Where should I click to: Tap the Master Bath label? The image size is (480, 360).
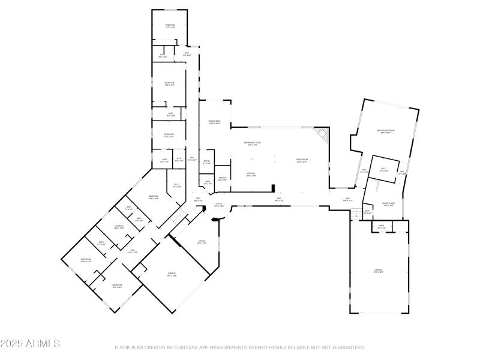pos(388,203)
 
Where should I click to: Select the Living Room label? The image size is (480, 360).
pos(301,160)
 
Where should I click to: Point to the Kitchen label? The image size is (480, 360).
pos(251,174)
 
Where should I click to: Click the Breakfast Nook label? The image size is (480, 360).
pos(251,142)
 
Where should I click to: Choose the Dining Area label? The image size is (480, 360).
pos(214,122)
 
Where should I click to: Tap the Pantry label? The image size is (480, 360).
pos(222,178)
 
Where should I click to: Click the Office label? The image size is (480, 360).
pos(202,242)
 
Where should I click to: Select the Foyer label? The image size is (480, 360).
pos(220,204)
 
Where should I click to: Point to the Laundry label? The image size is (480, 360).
pos(119,226)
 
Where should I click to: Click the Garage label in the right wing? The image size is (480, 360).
pos(379,271)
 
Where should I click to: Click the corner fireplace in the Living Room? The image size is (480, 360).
pos(323,136)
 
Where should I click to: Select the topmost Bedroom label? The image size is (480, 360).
pos(170,25)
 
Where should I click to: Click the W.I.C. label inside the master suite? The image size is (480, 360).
pos(384,169)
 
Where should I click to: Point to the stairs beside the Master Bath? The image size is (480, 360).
pos(358,213)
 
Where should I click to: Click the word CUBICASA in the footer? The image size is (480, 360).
pos(187,347)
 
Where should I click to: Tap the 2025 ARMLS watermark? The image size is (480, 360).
pos(30,344)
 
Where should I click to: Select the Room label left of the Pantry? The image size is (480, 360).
pos(206,161)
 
